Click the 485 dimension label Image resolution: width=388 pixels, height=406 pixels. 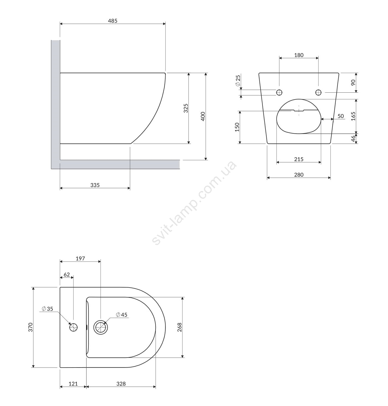click(112, 21)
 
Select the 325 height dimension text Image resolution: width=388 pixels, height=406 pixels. click(186, 108)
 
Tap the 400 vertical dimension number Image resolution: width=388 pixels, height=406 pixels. click(203, 117)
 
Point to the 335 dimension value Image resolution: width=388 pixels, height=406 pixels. click(95, 185)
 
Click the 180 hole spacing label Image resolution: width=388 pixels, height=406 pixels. click(299, 55)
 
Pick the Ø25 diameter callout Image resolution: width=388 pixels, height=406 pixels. click(238, 81)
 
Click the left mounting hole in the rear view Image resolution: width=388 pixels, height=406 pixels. click(279, 92)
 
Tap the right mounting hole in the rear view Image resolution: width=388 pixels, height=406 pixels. click(318, 92)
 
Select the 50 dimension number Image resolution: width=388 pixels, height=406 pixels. click(340, 116)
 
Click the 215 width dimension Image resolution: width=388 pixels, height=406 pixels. click(299, 159)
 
